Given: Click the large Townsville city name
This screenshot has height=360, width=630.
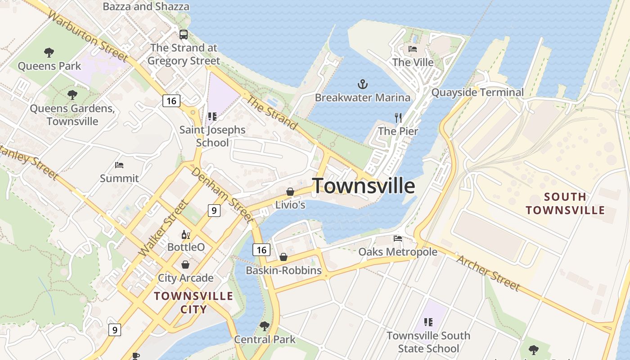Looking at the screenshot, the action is [364, 185].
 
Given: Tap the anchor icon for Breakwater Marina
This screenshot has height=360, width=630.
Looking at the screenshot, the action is [362, 84].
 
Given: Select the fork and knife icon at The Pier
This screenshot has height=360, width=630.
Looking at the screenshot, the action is [398, 118].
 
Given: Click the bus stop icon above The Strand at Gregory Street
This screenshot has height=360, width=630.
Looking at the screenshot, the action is [184, 34].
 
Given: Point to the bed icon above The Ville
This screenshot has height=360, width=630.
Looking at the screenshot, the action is [413, 49].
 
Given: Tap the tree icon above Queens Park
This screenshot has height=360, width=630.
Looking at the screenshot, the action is [49, 53].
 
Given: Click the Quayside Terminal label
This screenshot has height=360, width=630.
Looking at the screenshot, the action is [477, 93].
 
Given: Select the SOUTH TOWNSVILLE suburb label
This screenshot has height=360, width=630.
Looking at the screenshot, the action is [565, 203].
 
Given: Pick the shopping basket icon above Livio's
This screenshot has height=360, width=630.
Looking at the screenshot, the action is [290, 192].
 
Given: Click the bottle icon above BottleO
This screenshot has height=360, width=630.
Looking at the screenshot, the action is [185, 234].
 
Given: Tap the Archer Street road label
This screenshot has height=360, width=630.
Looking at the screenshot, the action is [488, 273].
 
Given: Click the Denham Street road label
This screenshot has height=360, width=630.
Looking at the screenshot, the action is [220, 194].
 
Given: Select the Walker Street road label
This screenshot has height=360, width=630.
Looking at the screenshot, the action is [163, 229].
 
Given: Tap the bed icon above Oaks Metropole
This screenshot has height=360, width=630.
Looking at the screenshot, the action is [398, 238].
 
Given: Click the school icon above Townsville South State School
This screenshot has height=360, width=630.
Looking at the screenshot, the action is [428, 322].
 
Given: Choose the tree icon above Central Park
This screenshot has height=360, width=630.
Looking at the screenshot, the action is [265, 326].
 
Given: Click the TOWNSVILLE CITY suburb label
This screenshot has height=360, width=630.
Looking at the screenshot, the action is [193, 302].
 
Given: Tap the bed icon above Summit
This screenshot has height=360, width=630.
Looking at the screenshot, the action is [119, 165].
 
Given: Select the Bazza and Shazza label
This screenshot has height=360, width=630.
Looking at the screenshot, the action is [146, 6].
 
